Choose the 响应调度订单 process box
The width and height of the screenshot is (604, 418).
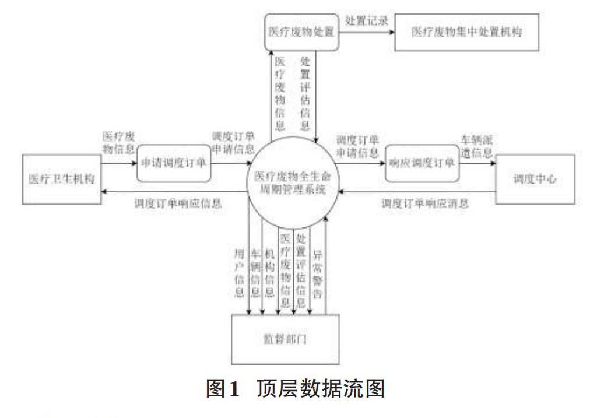pos(422,163)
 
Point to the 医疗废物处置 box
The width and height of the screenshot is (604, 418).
pos(300,31)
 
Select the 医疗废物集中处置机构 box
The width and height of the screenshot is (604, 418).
pos(466,31)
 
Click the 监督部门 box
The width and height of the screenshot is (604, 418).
pos(285,339)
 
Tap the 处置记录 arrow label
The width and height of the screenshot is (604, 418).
pos(367,20)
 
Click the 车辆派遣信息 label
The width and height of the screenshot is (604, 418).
pos(477,147)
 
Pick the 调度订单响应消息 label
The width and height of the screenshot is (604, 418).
pos(425,203)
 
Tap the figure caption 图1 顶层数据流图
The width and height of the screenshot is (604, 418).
pos(296,388)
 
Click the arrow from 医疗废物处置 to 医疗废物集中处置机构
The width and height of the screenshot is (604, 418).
pos(367,31)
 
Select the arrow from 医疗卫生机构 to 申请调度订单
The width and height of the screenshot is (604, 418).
pos(119,164)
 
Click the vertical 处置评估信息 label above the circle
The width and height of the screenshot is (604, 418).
pos(305,93)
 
